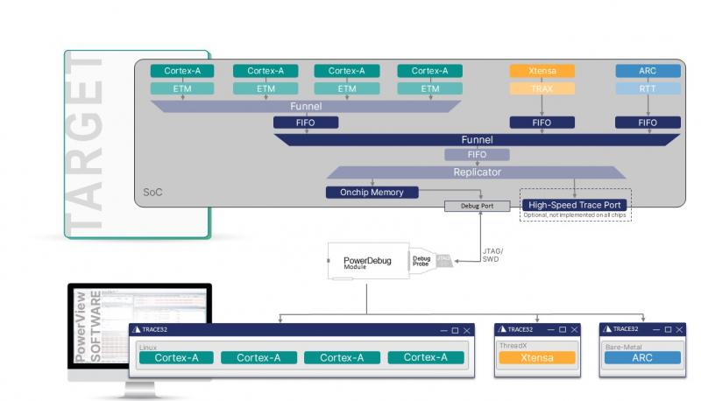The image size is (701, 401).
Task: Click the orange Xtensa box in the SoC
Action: pos(542,71)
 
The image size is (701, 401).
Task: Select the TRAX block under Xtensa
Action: pos(542,88)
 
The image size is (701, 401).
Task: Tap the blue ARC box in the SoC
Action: pos(648,71)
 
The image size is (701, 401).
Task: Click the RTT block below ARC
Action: pos(648,88)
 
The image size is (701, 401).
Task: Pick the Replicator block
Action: pos(476,172)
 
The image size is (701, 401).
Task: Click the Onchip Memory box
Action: pos(372,192)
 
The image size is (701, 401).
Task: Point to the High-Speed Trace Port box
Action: pos(574,205)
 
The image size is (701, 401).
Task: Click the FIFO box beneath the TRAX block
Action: pos(542,123)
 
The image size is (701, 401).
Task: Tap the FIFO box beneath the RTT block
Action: pos(648,123)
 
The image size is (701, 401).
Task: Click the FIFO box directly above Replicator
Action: pos(476,155)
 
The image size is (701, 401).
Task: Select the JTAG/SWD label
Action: pos(494,255)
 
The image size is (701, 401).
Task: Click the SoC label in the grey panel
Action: pos(153,191)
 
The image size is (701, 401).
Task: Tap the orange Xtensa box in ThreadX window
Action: pos(536,357)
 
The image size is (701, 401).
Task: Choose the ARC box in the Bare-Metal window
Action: pos(641,357)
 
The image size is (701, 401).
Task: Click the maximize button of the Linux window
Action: pos(454,330)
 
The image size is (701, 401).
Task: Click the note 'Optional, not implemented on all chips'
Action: pos(575,215)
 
